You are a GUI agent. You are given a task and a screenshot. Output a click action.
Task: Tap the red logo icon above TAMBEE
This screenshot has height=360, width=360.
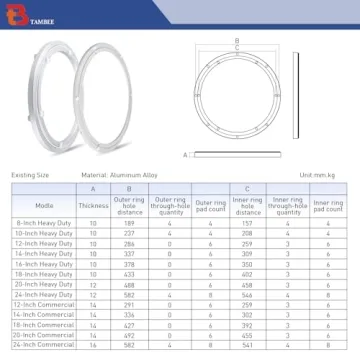[x=11, y=11]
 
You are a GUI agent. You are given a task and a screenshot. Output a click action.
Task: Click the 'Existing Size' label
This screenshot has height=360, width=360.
[x=31, y=176]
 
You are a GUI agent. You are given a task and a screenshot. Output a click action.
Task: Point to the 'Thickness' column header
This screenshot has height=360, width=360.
[x=94, y=206]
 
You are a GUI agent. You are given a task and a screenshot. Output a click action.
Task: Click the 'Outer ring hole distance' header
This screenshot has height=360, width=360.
[x=129, y=206]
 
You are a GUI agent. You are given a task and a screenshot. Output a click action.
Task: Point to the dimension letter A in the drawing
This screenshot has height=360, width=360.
[x=185, y=155]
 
